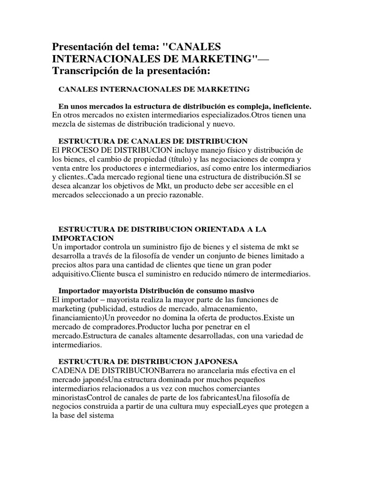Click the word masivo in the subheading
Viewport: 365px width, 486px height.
coord(238,290)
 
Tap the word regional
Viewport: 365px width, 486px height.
coord(113,177)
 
